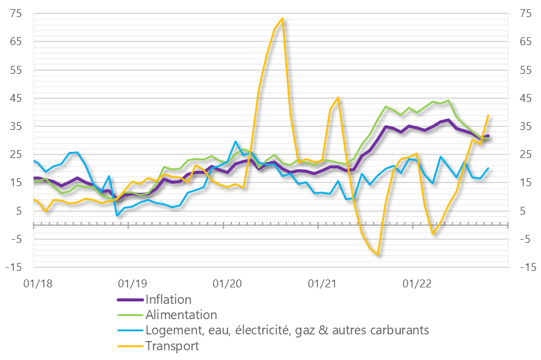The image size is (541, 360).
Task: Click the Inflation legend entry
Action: pyautogui.click(x=169, y=300)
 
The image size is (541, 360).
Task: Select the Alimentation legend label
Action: pyautogui.click(x=181, y=315)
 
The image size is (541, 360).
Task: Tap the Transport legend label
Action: pyautogui.click(x=172, y=346)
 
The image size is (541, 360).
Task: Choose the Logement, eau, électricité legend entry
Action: pyautogui.click(x=287, y=331)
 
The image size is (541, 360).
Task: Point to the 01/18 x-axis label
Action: pyautogui.click(x=35, y=283)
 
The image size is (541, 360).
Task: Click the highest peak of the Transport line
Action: pyautogui.click(x=282, y=18)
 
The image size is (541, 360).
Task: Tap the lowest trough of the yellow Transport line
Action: pyautogui.click(x=378, y=254)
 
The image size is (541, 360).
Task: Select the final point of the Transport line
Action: pyautogui.click(x=488, y=115)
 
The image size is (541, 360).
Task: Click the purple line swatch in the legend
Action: pyautogui.click(x=129, y=300)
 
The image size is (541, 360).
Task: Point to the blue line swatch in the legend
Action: pyautogui.click(x=129, y=331)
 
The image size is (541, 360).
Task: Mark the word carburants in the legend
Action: pyautogui.click(x=399, y=331)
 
